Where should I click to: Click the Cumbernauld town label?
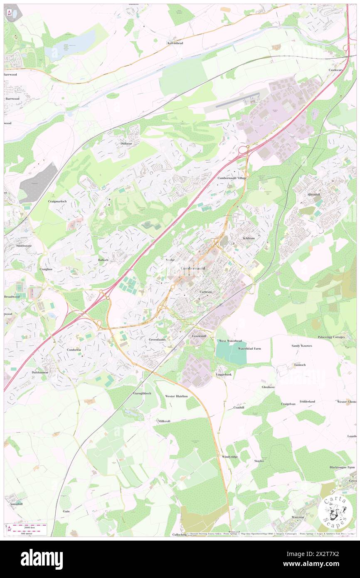coord(192,269)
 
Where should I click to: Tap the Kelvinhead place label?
coord(175,43)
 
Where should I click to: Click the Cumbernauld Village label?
coord(232,178)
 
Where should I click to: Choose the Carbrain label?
coord(205,292)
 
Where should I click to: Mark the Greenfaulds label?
coord(158,339)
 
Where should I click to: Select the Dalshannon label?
coord(39,372)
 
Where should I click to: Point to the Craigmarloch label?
coord(57,201)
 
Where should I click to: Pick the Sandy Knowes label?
coord(301,346)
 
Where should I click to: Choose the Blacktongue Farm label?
coord(342,467)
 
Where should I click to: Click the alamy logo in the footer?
coord(42,559)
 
